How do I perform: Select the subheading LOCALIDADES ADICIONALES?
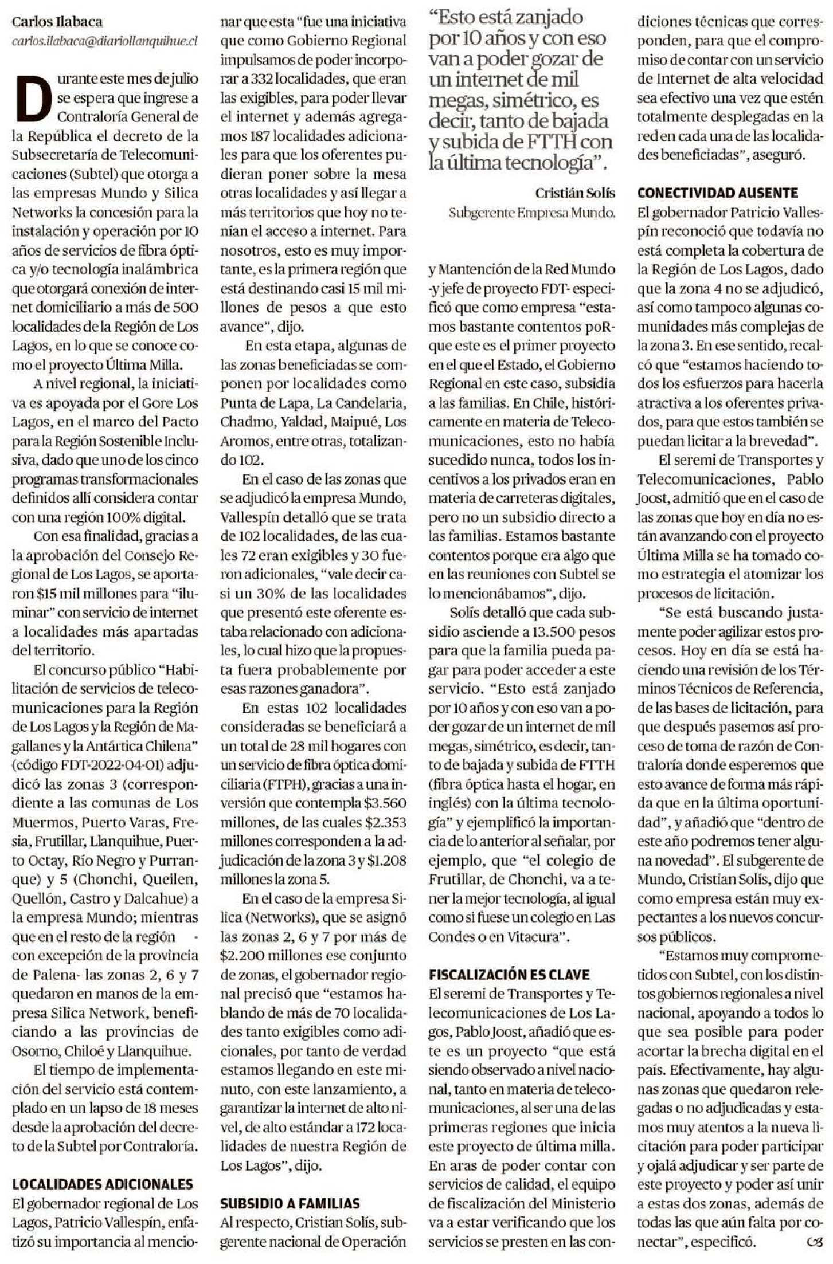[103, 1184]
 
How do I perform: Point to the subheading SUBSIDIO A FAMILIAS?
[290, 1203]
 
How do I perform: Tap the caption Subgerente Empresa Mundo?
[531, 213]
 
